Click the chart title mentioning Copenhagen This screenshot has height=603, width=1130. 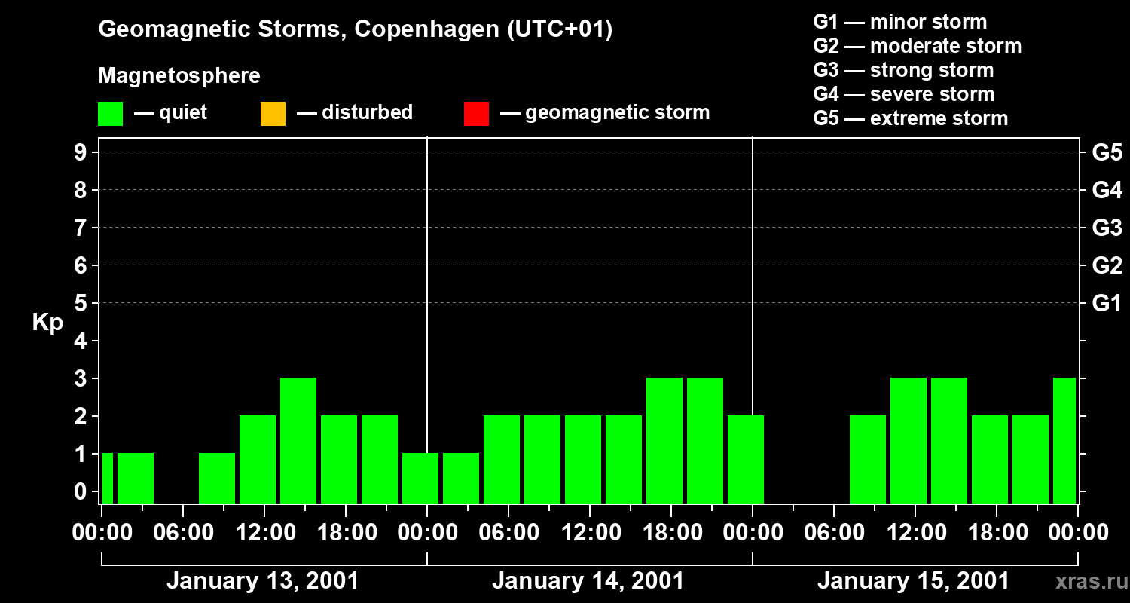click(x=355, y=29)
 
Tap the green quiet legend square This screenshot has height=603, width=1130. click(x=110, y=113)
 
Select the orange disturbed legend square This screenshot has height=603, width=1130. click(x=273, y=113)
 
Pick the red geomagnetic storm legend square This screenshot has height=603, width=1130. click(x=476, y=113)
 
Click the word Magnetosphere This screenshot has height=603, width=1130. click(x=179, y=76)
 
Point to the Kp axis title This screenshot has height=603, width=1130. click(x=47, y=323)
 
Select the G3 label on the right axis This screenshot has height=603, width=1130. click(x=1107, y=228)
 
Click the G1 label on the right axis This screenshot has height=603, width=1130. click(x=1107, y=304)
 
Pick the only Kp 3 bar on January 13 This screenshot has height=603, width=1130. click(x=298, y=440)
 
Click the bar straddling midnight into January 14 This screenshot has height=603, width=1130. click(x=420, y=478)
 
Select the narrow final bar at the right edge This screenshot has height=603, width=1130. click(x=1064, y=440)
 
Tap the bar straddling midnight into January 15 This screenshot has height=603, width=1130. click(x=746, y=459)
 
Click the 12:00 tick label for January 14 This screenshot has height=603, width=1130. click(x=590, y=533)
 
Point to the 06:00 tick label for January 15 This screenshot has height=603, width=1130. click(x=834, y=533)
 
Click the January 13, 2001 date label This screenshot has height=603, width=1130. click(x=262, y=581)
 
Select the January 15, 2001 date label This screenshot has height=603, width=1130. click(x=913, y=581)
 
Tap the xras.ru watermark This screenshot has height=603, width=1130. click(x=1086, y=581)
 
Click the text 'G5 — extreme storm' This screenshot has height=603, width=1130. click(x=910, y=118)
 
